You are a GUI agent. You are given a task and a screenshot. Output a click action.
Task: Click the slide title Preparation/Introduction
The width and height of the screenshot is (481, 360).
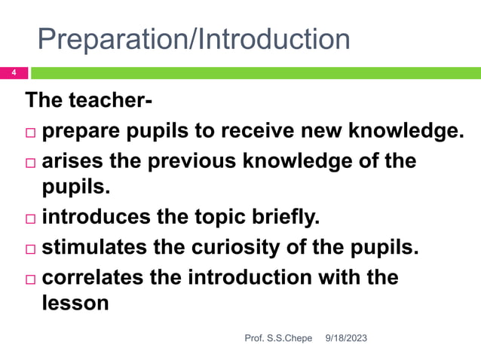tap(194, 39)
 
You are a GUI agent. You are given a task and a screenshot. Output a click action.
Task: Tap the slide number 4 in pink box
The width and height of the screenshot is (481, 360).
tap(13, 73)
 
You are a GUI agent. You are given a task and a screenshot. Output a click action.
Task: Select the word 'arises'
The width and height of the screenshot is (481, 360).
tap(75, 160)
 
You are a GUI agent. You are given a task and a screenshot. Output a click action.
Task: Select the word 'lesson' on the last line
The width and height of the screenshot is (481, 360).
tap(76, 305)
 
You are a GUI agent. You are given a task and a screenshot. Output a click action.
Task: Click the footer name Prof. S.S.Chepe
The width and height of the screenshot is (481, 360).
tap(278, 340)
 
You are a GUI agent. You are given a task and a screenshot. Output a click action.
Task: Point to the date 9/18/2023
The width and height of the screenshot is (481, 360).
tap(346, 340)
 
